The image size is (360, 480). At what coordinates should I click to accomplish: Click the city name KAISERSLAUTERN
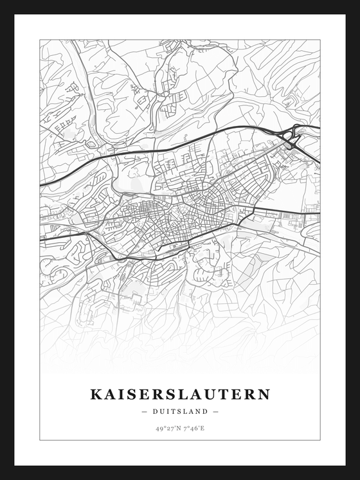[x=180, y=394]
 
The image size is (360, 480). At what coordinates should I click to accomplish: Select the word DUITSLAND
[x=180, y=411]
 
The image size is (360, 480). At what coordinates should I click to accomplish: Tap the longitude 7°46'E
[x=193, y=427]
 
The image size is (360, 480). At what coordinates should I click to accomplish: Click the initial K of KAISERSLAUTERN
[x=95, y=394]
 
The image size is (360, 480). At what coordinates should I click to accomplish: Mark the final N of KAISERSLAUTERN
[x=264, y=394]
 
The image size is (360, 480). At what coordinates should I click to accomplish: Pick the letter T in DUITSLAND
[x=174, y=411]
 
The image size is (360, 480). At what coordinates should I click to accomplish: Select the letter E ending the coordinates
[x=203, y=427]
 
